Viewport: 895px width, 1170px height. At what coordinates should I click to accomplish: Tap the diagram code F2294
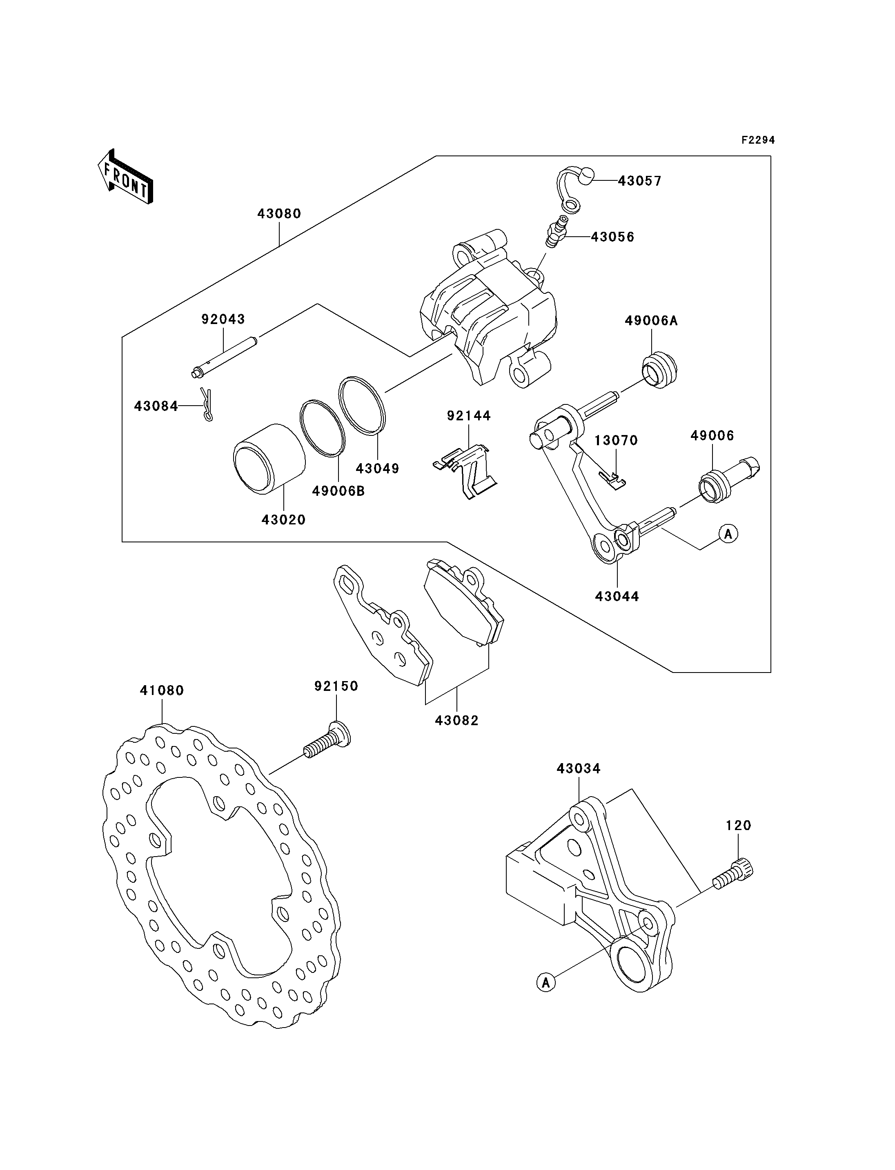click(x=757, y=140)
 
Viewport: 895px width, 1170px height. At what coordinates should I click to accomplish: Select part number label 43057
click(x=639, y=181)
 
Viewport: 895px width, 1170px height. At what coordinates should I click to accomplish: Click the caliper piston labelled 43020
click(x=269, y=459)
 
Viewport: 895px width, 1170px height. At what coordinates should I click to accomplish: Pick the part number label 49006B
click(x=338, y=491)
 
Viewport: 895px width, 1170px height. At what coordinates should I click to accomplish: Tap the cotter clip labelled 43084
click(x=207, y=404)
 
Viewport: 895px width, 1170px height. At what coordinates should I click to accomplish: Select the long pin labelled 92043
click(x=225, y=354)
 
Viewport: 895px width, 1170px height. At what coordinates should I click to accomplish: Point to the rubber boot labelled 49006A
click(x=659, y=369)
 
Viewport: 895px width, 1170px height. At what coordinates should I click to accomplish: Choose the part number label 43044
click(x=617, y=597)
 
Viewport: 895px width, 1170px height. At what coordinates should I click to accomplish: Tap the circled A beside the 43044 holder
click(x=728, y=533)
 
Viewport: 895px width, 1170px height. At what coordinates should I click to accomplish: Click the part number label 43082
click(x=456, y=721)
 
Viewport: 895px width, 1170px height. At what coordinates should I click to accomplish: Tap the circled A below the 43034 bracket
click(x=546, y=982)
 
